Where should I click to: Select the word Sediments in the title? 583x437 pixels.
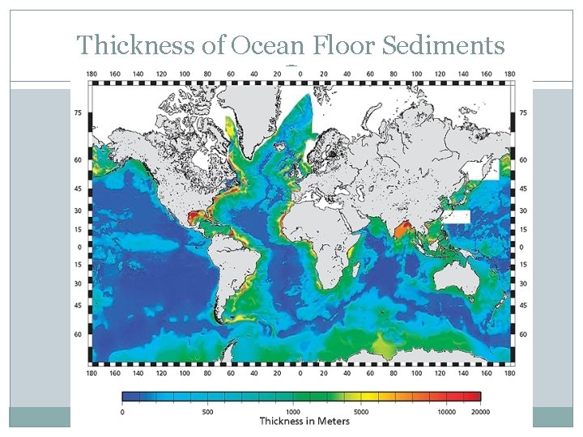(442, 46)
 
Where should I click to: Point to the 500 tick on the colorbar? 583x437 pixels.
(207, 411)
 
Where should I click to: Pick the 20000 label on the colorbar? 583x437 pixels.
(479, 411)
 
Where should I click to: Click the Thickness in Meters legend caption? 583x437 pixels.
(304, 421)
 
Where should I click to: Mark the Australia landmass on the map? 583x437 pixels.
(460, 280)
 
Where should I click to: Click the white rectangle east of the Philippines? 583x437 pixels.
(457, 217)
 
